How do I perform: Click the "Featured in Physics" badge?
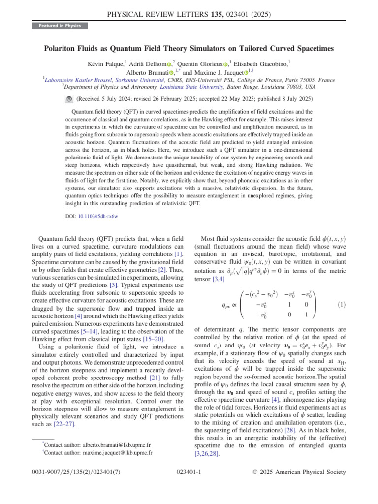(60, 26)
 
